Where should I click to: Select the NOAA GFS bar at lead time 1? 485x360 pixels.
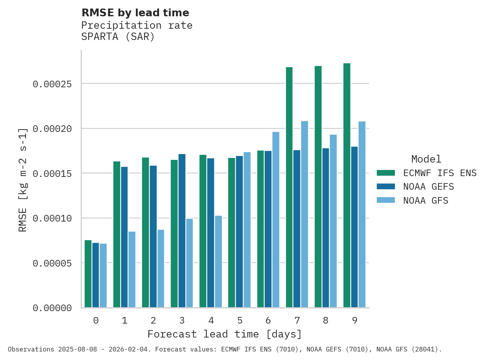tap(132, 270)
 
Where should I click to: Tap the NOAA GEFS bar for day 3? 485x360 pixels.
tap(182, 231)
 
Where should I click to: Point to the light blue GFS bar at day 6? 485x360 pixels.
tap(276, 220)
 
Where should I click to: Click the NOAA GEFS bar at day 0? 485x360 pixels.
tap(95, 275)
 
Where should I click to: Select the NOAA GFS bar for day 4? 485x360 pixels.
tap(218, 261)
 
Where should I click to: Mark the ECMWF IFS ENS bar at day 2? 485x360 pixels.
tap(145, 232)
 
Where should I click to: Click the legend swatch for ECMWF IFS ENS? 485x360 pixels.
tap(386, 173)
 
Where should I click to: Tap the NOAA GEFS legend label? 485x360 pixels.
tap(428, 187)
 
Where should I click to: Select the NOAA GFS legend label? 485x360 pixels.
tap(426, 201)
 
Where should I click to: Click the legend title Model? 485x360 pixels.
tap(426, 159)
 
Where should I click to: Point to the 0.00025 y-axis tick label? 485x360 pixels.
tap(52, 84)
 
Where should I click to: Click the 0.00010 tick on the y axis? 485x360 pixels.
tap(52, 218)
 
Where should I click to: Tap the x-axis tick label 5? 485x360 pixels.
tap(240, 320)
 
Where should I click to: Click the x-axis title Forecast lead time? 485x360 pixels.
tap(225, 334)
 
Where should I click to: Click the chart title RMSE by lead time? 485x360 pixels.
tap(135, 13)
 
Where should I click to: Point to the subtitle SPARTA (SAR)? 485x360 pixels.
tap(118, 37)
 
